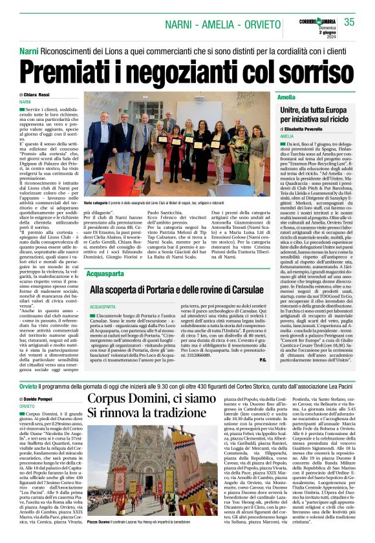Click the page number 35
click(x=350, y=23)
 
